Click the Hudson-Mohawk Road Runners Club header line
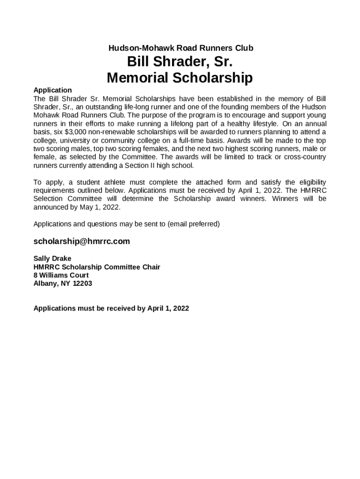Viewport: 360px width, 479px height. click(180, 48)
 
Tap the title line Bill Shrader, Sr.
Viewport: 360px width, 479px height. click(180, 62)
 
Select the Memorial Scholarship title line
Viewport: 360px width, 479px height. click(180, 77)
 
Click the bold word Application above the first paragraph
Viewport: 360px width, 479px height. click(53, 90)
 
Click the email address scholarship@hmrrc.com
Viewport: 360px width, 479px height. click(82, 241)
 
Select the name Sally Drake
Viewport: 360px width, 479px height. click(52, 258)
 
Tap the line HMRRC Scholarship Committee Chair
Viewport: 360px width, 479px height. click(97, 267)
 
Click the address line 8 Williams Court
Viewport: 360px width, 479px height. click(61, 275)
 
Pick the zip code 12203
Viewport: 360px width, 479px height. click(82, 283)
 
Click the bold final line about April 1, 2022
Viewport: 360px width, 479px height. click(111, 308)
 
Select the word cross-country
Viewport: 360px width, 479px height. click(307, 157)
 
